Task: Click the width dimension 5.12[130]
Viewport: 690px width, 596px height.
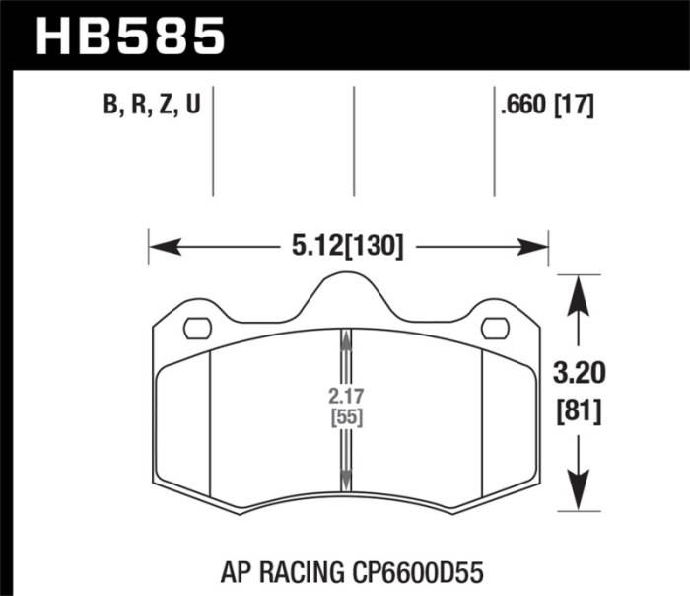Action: tap(348, 245)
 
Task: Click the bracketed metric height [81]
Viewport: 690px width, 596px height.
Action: tap(581, 408)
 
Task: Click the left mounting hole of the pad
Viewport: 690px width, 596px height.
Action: tap(199, 328)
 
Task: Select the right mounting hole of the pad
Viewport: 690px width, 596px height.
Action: tap(490, 328)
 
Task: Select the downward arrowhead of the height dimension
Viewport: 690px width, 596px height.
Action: tap(581, 498)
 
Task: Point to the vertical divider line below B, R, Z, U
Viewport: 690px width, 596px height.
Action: tap(213, 143)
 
